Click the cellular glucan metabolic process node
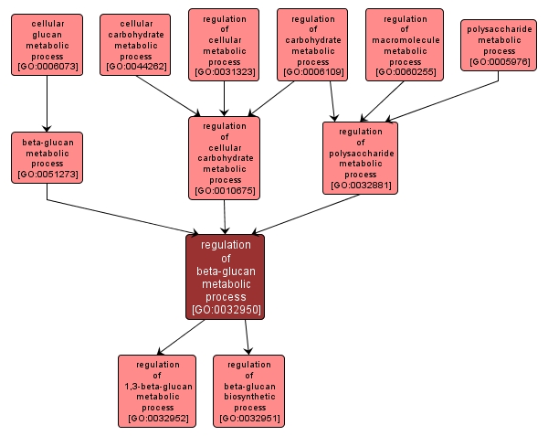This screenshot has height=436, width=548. [x=47, y=45]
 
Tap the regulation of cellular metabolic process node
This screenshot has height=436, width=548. [x=224, y=45]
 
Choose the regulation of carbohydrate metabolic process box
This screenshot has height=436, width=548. [x=312, y=45]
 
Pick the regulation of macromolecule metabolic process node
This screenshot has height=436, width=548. [x=405, y=45]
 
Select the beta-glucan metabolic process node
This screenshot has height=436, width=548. [x=47, y=157]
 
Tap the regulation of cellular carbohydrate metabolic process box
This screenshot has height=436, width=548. [x=224, y=157]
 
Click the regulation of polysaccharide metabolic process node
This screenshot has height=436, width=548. [x=360, y=157]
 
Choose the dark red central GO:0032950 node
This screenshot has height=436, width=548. [x=226, y=277]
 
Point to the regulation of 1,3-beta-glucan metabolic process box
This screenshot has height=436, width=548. [x=156, y=391]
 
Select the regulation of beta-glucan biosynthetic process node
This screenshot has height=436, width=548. [x=248, y=391]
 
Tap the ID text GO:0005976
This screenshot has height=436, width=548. [x=498, y=62]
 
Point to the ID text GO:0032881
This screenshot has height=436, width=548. [x=360, y=186]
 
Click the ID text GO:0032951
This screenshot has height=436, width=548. [x=248, y=419]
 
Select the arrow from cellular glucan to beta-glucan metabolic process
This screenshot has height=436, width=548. [x=47, y=104]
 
